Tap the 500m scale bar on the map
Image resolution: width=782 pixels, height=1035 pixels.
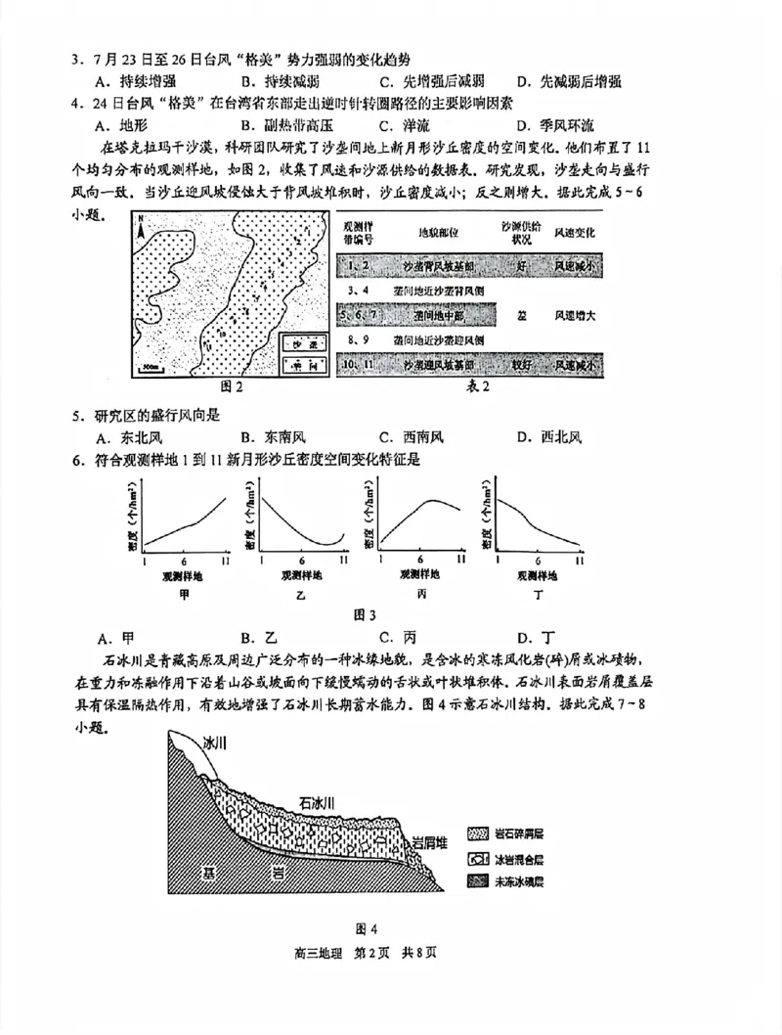tap(150, 368)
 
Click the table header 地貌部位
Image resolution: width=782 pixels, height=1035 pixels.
tap(439, 235)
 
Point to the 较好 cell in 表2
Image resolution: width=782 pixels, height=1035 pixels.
tap(515, 364)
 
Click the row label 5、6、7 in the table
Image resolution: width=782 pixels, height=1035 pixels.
tap(360, 315)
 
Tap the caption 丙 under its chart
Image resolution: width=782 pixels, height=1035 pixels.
tap(421, 595)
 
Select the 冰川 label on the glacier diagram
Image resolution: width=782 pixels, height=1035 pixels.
tap(214, 743)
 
